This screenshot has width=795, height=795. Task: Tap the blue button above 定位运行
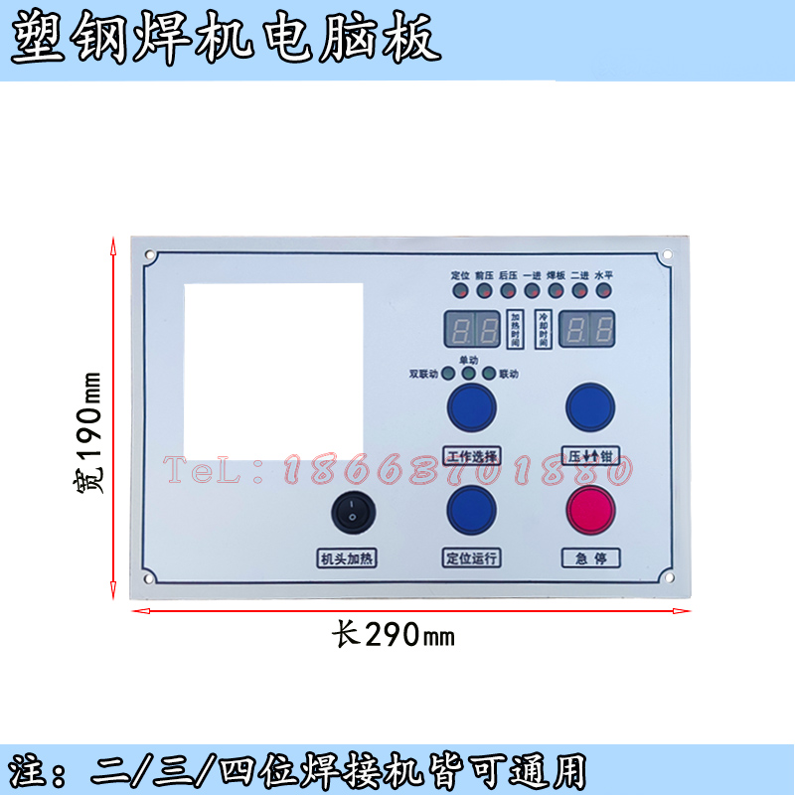pyautogui.click(x=471, y=509)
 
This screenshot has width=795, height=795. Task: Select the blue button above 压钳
pyautogui.click(x=590, y=405)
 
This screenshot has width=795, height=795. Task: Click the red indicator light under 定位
pyautogui.click(x=460, y=291)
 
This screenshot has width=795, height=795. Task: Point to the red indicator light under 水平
pyautogui.click(x=602, y=291)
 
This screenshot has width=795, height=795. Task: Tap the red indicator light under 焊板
pyautogui.click(x=556, y=291)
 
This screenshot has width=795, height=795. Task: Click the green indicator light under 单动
pyautogui.click(x=468, y=374)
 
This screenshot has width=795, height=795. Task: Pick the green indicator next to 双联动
pyautogui.click(x=448, y=374)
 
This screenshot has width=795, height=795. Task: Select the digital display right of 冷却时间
pyautogui.click(x=587, y=327)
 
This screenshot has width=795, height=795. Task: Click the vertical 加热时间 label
pyautogui.click(x=515, y=328)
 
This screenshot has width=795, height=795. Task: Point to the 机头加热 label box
pyautogui.click(x=348, y=557)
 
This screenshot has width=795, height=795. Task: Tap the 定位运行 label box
pyautogui.click(x=471, y=557)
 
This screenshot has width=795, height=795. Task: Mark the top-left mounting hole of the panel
pyautogui.click(x=150, y=255)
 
